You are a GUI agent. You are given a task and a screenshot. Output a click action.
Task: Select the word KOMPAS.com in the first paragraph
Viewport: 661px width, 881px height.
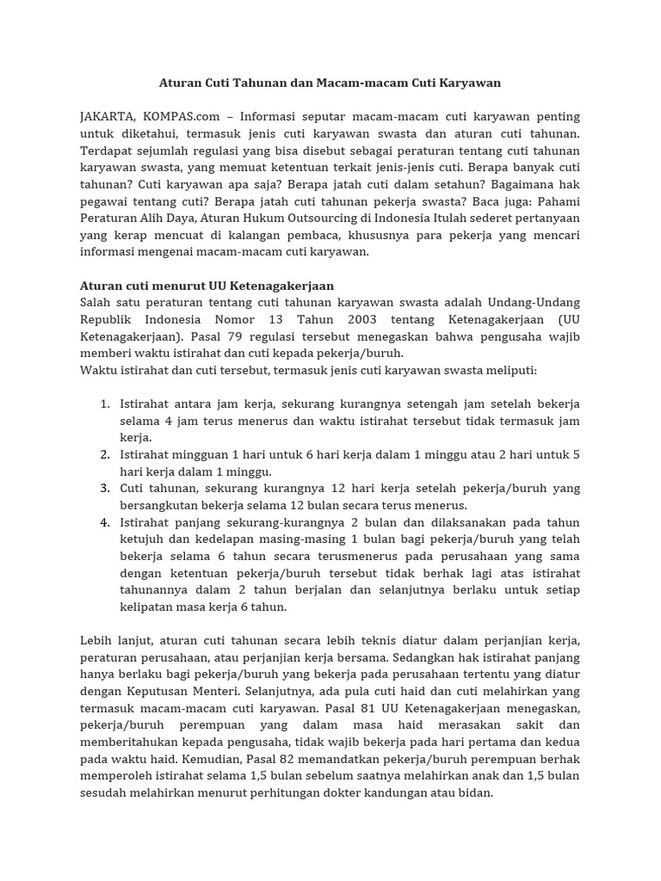177,116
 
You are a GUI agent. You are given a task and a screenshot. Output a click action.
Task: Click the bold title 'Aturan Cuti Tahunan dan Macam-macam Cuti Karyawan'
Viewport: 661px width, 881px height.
330,83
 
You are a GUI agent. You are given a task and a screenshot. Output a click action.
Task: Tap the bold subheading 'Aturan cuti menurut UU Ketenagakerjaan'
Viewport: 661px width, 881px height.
207,286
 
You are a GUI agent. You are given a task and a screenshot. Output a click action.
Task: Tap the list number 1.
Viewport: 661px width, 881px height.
104,404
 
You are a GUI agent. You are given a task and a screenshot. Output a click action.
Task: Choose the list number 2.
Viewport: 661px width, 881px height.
104,454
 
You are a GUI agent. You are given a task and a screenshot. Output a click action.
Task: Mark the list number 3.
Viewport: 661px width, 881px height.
104,488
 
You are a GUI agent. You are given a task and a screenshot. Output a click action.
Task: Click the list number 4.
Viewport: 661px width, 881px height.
104,522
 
